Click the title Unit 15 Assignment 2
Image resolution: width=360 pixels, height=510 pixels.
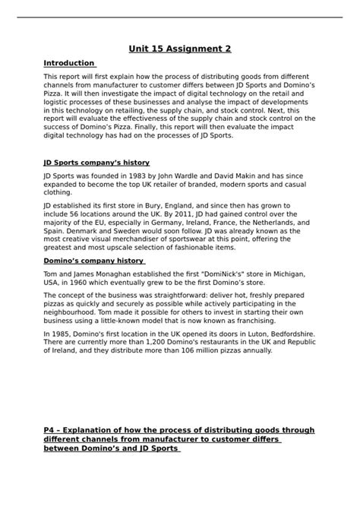(180, 49)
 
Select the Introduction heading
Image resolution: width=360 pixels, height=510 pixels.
(69, 63)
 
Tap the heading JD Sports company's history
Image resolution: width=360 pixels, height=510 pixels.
(96, 163)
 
